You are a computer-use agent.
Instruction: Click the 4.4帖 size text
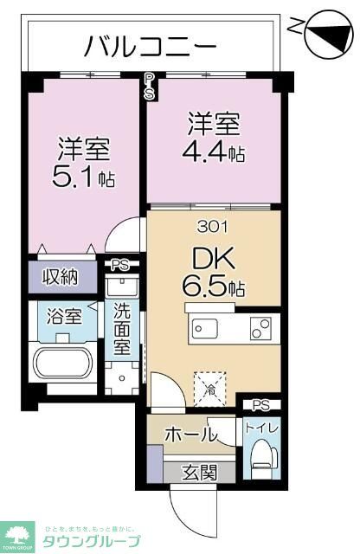click(212, 153)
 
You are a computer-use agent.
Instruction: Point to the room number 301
click(213, 228)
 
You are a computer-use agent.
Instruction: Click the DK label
click(202, 259)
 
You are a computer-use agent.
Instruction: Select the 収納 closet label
click(61, 277)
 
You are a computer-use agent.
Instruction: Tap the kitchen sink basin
click(208, 330)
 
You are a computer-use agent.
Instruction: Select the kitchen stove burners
click(260, 330)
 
